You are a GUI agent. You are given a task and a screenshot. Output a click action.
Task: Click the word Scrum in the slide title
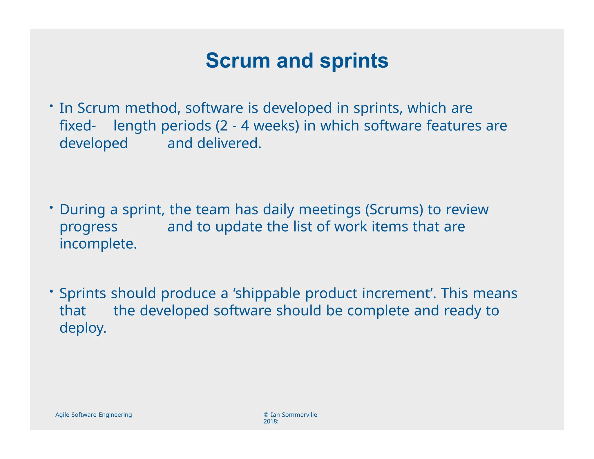coord(238,61)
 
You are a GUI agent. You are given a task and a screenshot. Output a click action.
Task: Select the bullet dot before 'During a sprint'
coord(51,207)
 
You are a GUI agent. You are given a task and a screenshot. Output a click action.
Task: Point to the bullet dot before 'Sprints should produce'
coord(51,291)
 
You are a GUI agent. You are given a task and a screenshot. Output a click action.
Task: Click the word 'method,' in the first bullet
coord(153,108)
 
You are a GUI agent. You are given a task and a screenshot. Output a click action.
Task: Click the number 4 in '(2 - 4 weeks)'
coord(245,126)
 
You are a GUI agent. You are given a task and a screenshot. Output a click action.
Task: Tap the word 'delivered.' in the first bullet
coord(229,143)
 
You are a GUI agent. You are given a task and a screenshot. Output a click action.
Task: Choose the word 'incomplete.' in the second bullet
coord(98,244)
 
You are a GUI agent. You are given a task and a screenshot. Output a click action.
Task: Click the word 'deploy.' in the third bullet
coord(83,328)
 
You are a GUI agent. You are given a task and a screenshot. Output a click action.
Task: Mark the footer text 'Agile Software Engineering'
coord(93,415)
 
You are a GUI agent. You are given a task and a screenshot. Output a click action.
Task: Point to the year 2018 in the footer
coord(270,422)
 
